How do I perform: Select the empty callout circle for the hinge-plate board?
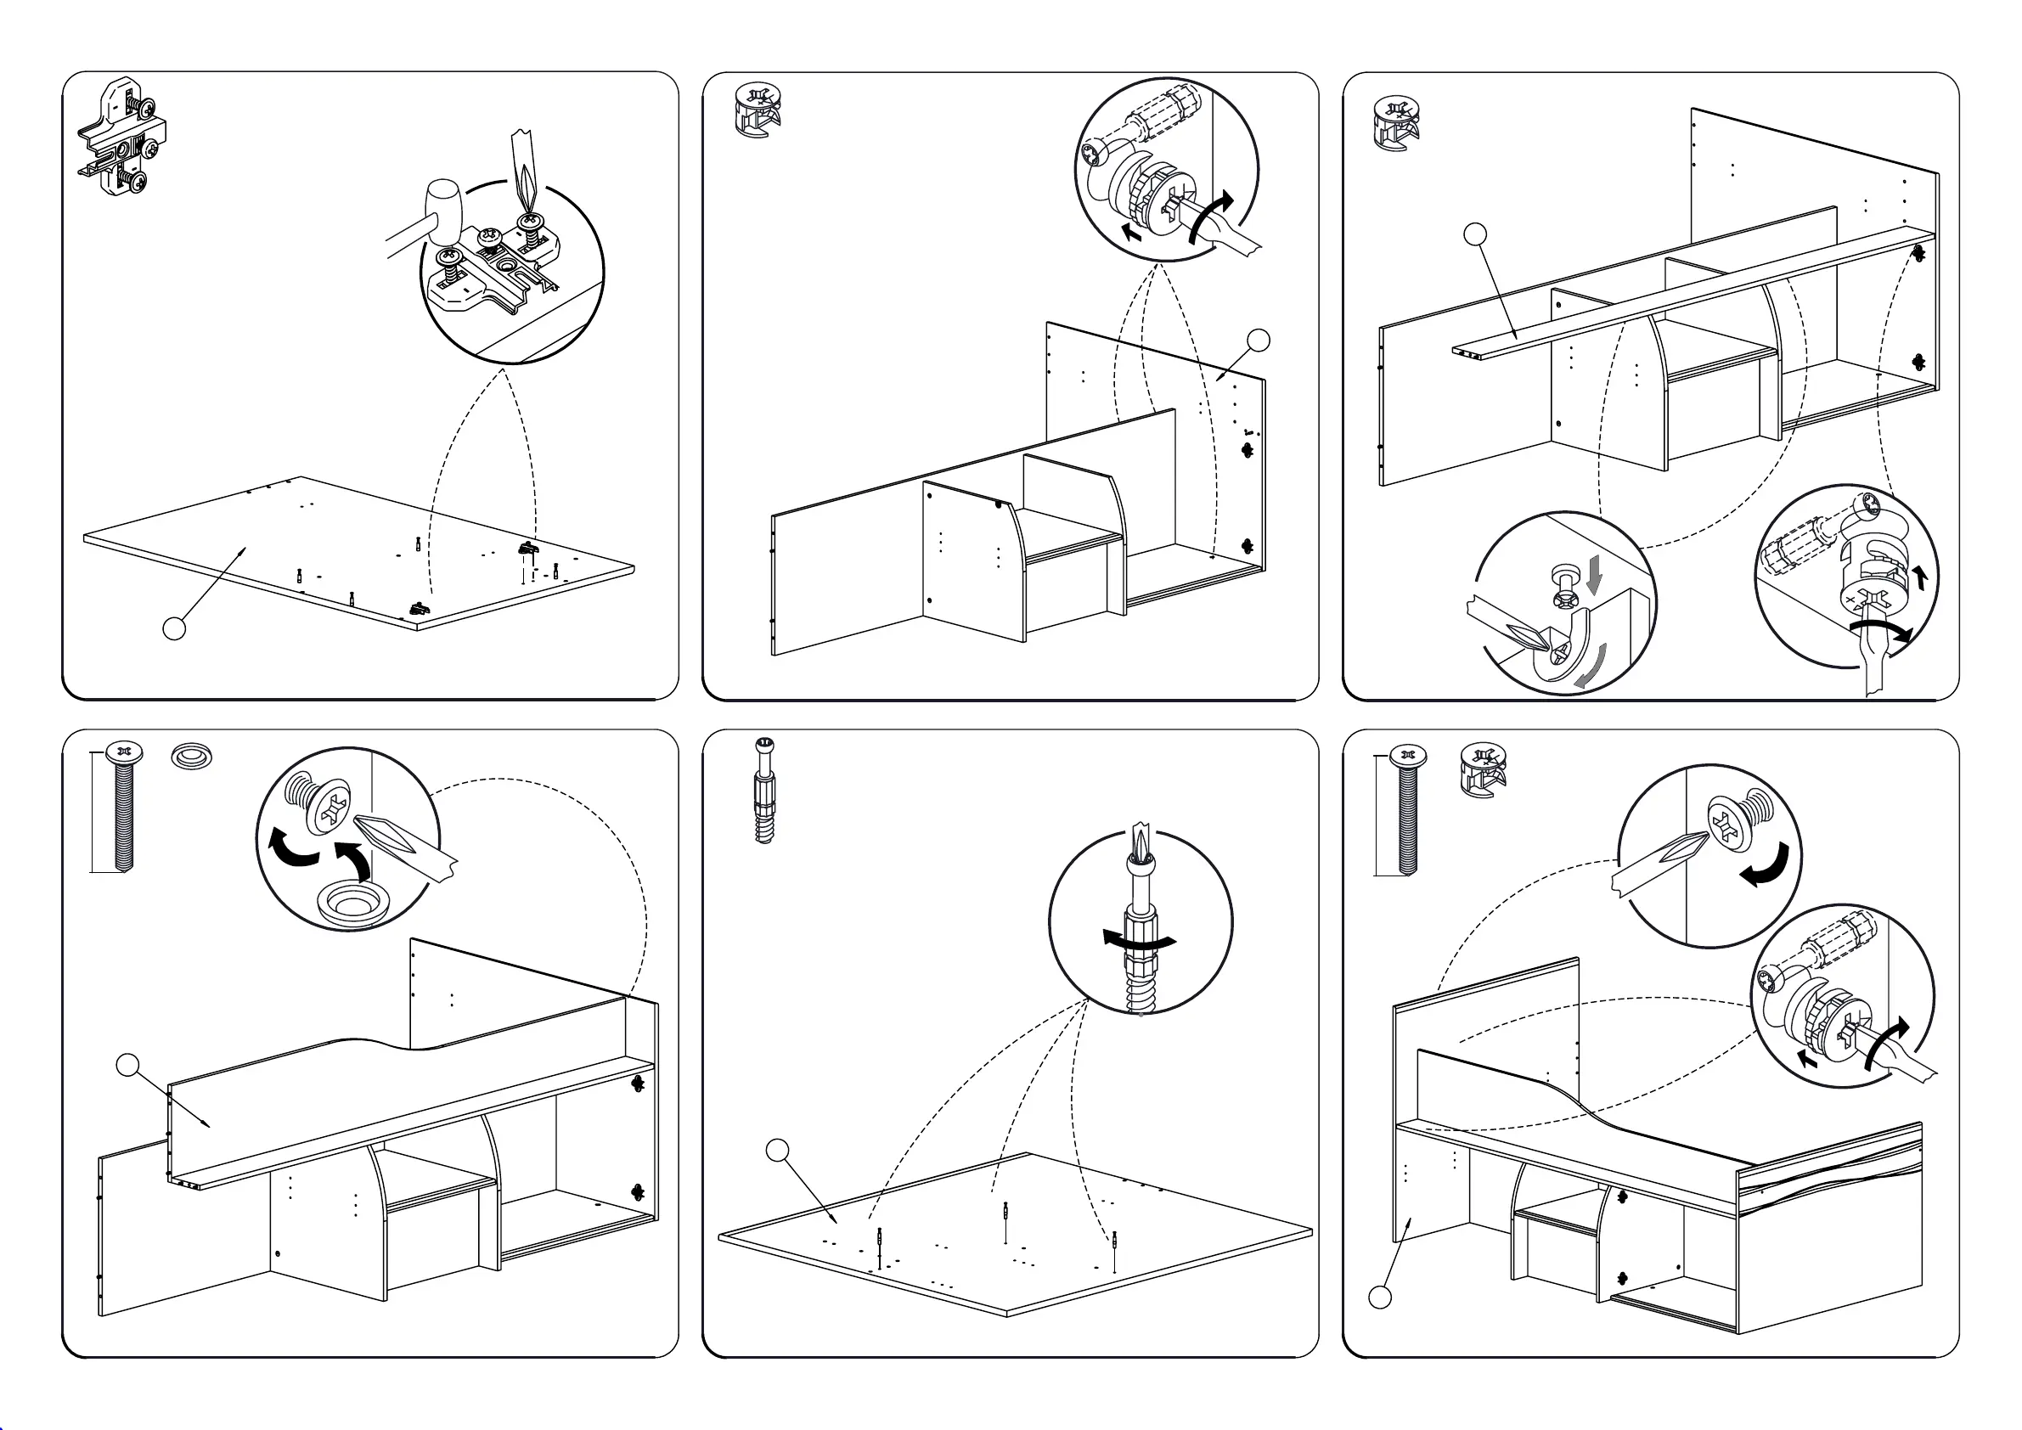[174, 628]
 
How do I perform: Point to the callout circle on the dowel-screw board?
[777, 1150]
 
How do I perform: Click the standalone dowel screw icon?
[764, 790]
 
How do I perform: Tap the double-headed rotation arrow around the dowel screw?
[1139, 940]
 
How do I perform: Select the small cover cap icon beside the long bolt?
[192, 756]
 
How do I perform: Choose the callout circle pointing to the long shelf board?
[1475, 234]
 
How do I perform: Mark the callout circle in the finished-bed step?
[1380, 1297]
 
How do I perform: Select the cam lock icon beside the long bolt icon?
[1483, 768]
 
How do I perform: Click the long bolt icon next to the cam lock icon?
[1407, 809]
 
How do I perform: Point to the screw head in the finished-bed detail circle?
[1728, 825]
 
